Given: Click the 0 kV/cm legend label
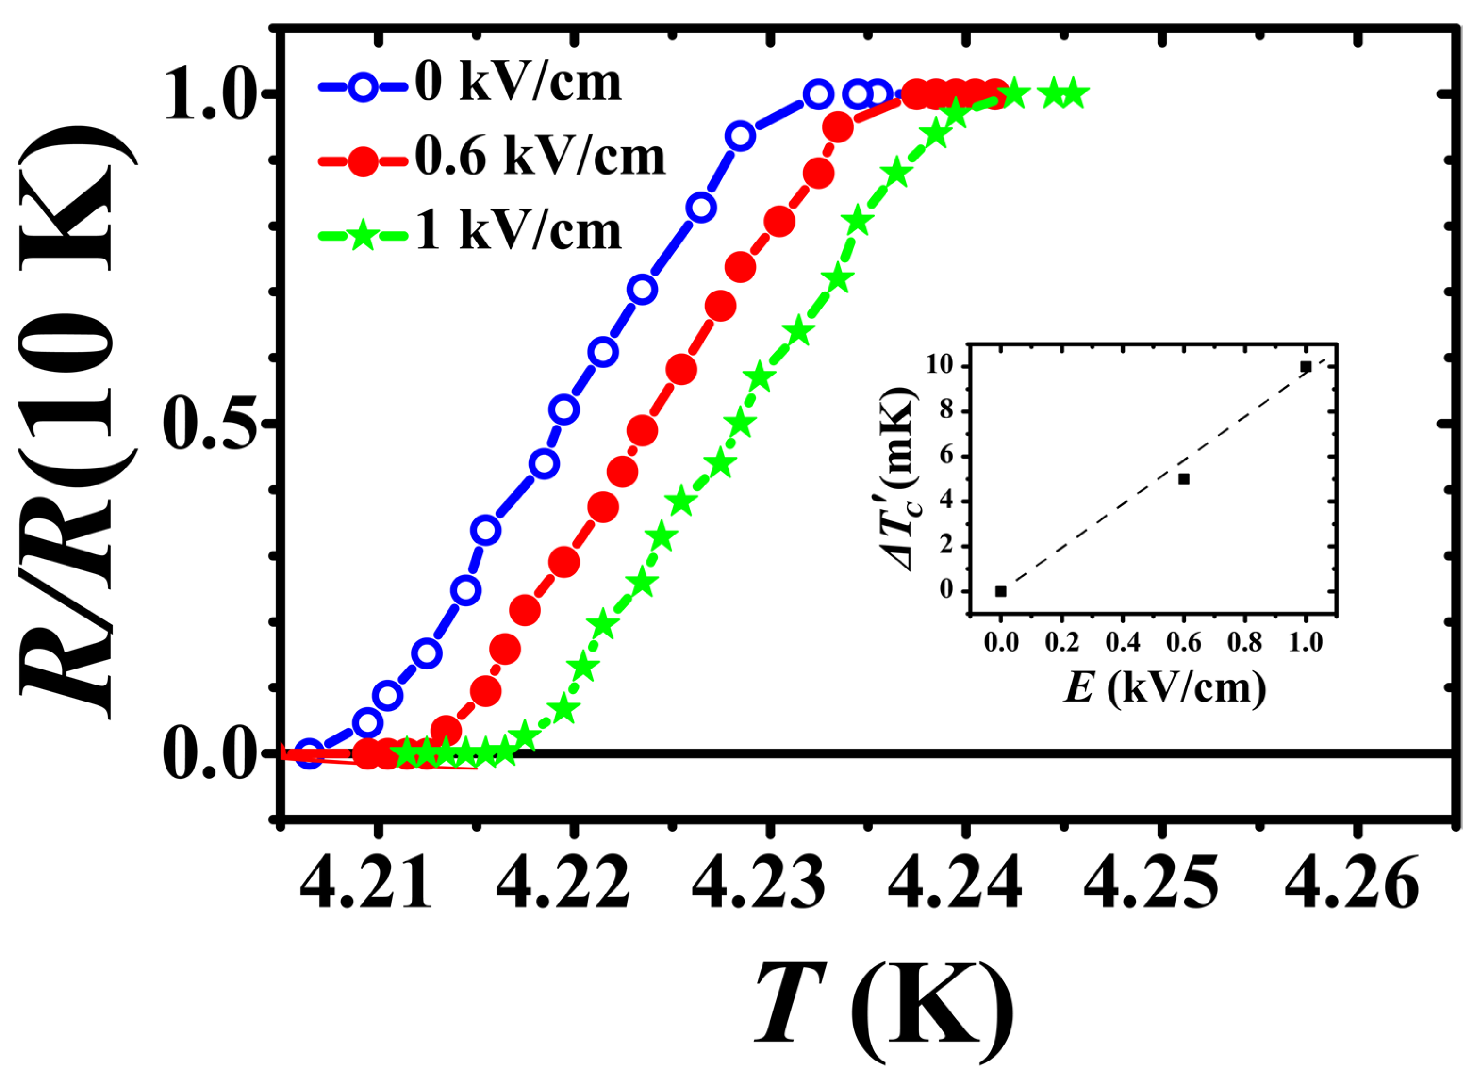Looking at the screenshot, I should pyautogui.click(x=518, y=83).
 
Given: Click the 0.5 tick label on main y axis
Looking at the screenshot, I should pyautogui.click(x=208, y=425).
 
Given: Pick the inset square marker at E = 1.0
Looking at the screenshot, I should pyautogui.click(x=1306, y=367).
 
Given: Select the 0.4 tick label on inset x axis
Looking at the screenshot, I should pyautogui.click(x=1123, y=643).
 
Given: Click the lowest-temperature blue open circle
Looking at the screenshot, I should pyautogui.click(x=310, y=754).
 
